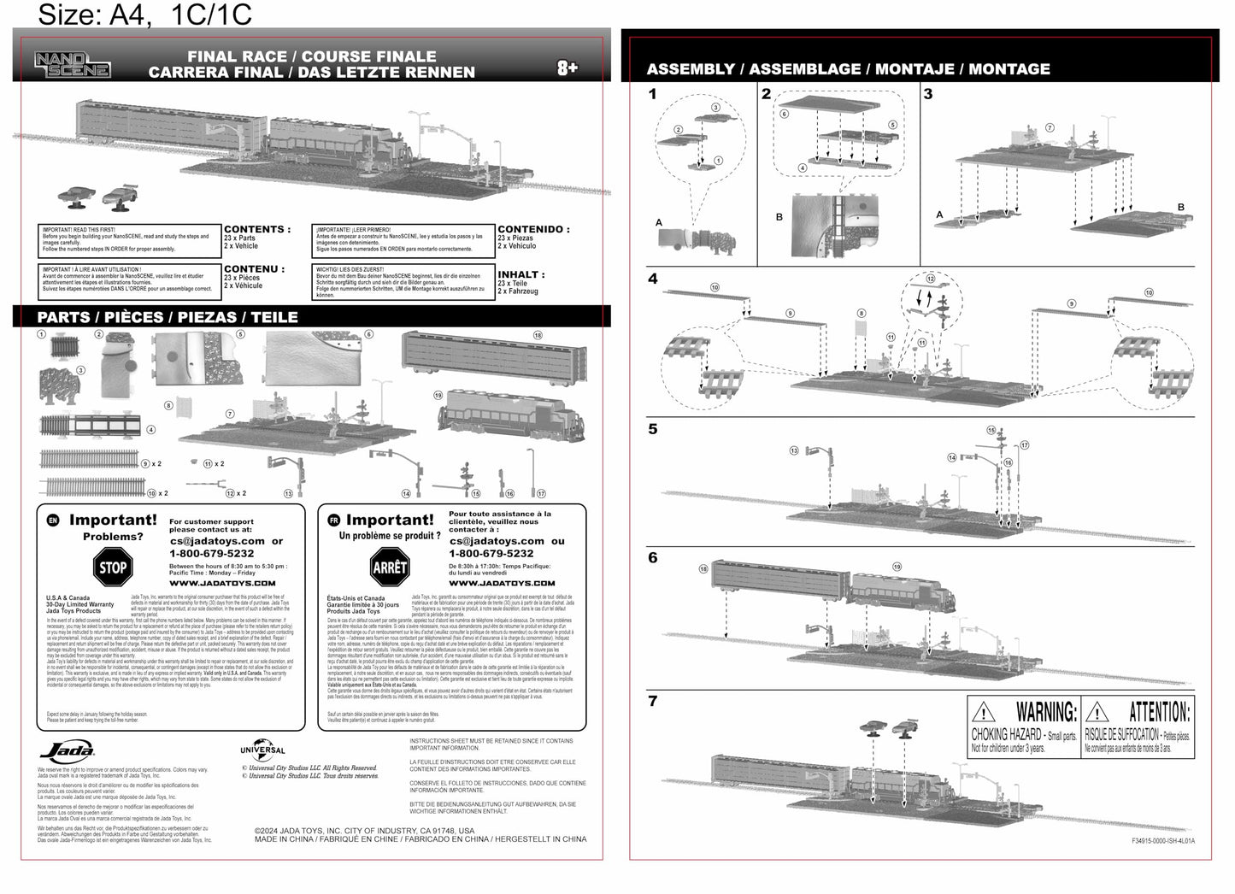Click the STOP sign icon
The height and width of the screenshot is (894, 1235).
(112, 567)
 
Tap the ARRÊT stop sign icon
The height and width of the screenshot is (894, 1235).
(390, 567)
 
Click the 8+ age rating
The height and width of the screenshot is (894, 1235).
(568, 68)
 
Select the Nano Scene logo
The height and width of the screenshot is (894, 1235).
(72, 64)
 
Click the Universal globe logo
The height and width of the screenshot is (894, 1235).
(262, 750)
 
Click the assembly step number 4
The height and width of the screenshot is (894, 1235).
(653, 279)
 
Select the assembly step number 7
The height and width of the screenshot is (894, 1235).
(653, 701)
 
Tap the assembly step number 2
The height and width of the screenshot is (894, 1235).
(766, 94)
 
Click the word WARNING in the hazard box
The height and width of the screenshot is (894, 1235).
(1046, 712)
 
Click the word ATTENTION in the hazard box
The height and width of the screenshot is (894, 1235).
(1159, 712)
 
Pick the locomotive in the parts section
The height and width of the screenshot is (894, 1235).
(510, 415)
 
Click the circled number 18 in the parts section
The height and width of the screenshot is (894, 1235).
(538, 335)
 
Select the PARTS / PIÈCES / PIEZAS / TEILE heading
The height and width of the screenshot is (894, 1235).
(168, 317)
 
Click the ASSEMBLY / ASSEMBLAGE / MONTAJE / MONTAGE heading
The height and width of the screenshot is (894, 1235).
(848, 69)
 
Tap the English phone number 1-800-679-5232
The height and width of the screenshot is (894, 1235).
(211, 553)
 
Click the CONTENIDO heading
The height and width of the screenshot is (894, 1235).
(532, 229)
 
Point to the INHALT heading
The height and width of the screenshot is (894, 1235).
(520, 274)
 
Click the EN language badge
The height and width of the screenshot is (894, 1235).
(53, 520)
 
